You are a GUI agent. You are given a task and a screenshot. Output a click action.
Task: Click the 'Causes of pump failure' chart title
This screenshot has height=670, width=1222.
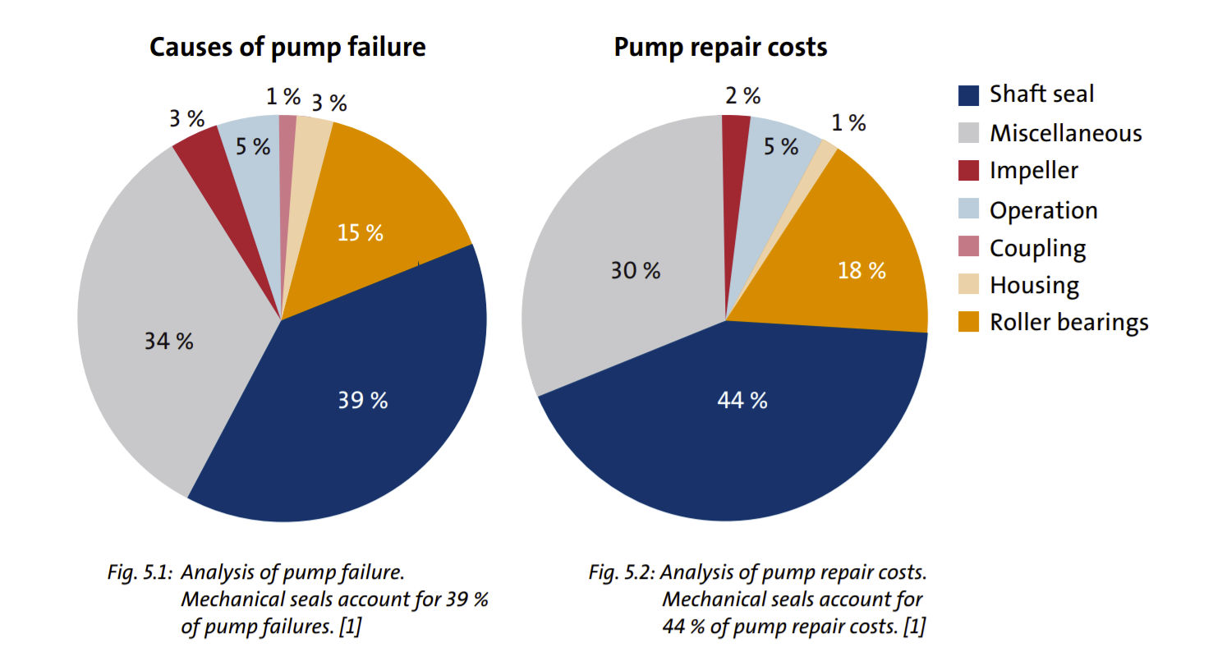point(287,47)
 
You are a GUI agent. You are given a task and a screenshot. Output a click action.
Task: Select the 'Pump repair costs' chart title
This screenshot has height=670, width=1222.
point(720,47)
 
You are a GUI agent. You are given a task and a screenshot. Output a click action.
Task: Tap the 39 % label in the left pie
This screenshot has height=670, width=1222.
point(362,400)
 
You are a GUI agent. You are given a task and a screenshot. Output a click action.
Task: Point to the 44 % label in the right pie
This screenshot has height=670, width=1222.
point(742,400)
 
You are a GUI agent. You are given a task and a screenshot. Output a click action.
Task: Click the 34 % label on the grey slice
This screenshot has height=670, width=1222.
point(169,341)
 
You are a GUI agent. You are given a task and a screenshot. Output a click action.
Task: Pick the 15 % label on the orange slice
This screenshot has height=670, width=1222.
point(360,232)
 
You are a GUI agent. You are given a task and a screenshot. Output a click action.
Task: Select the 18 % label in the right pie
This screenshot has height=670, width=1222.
point(861,270)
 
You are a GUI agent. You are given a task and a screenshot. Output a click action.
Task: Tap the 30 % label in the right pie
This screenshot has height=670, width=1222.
point(635,270)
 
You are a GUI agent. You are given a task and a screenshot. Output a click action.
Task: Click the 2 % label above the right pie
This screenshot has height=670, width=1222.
point(742,96)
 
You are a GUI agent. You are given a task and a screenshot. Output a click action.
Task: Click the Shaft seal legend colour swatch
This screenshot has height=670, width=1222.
point(969,95)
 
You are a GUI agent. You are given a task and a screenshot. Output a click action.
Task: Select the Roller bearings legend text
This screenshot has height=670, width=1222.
point(1068,322)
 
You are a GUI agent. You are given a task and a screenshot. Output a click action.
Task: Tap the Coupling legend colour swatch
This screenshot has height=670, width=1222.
point(969,246)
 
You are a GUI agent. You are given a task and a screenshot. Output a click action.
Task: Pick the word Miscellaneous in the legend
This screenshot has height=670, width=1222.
point(1065,133)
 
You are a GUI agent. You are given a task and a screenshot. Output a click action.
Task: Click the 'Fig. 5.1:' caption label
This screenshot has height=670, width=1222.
point(140,572)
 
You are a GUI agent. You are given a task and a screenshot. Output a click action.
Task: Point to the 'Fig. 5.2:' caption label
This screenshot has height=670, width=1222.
point(621,572)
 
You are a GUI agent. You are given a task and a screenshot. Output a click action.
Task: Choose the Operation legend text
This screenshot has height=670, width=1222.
point(1043,210)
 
